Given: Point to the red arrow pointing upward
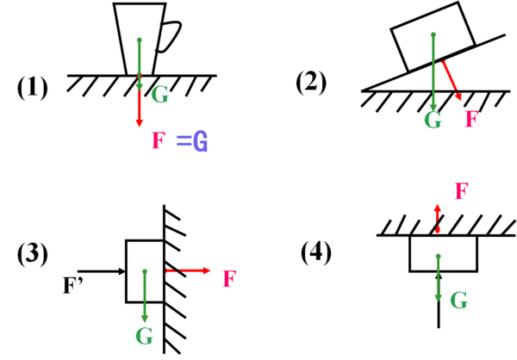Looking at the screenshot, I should [x=438, y=216].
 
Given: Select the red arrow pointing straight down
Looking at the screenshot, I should [x=140, y=110].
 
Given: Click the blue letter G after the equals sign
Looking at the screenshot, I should [x=201, y=141].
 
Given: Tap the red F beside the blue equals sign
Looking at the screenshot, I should [x=158, y=140].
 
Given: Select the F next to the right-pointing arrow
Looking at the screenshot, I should [x=229, y=279].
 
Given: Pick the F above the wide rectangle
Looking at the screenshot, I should [x=461, y=191].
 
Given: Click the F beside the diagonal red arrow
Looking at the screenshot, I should [x=471, y=119].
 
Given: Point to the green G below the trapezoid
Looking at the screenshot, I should [x=159, y=95].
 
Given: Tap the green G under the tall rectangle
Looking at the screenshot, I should [x=144, y=337].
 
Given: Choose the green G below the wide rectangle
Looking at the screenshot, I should [x=458, y=301].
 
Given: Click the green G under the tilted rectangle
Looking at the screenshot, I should [x=433, y=121].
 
